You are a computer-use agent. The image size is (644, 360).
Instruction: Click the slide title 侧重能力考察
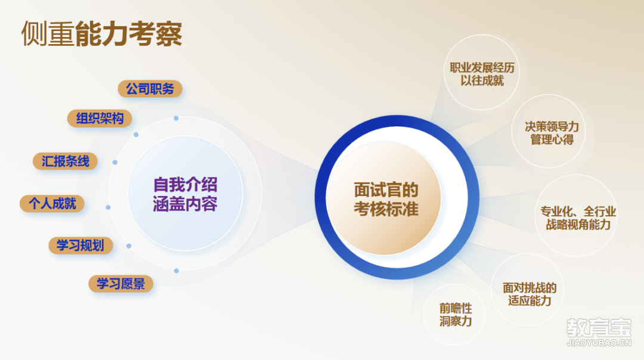click(x=101, y=33)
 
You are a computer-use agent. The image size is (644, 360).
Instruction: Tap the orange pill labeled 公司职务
click(x=150, y=89)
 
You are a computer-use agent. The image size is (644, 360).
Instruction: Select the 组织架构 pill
click(x=100, y=119)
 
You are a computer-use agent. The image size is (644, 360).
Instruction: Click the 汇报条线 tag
click(x=65, y=162)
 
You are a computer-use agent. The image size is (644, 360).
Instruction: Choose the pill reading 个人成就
click(x=52, y=204)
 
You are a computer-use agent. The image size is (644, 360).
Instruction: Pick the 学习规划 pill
click(x=80, y=246)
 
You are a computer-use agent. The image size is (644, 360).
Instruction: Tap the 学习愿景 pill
click(x=120, y=284)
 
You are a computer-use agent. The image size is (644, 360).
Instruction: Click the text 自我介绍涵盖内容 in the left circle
click(x=185, y=194)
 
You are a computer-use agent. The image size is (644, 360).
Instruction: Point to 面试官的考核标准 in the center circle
click(x=386, y=200)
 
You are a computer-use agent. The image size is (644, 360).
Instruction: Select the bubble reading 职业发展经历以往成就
click(x=482, y=73)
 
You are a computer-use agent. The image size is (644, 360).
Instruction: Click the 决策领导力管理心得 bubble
click(x=549, y=131)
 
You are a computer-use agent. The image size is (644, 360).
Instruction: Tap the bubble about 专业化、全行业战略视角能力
click(x=577, y=216)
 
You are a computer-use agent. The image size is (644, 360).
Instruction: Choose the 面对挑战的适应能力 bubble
click(x=528, y=290)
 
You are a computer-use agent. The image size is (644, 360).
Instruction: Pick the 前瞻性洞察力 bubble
click(x=454, y=315)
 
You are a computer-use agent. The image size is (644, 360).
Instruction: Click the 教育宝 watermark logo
click(x=599, y=328)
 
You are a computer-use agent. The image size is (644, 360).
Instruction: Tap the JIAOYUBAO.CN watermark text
click(x=599, y=343)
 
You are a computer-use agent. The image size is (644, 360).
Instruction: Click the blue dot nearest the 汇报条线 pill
click(x=115, y=163)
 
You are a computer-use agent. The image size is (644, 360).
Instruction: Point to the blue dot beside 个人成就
click(x=109, y=207)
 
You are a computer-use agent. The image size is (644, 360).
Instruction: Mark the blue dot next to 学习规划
click(x=129, y=246)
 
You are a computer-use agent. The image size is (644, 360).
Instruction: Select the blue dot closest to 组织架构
click(x=136, y=135)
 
